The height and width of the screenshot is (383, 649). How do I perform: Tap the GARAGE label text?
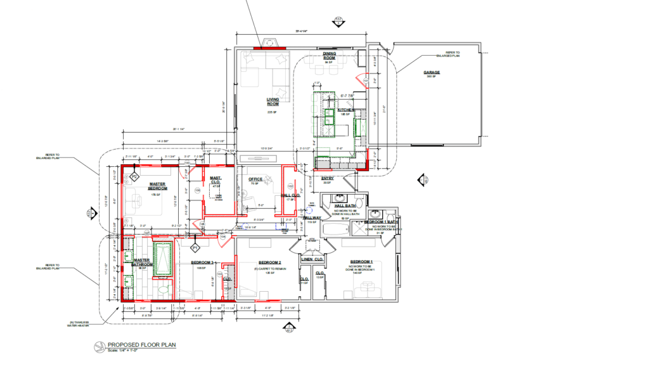[x=432, y=72]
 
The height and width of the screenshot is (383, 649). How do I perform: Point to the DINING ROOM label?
[x=329, y=56]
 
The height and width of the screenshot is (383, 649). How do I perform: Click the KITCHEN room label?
[x=347, y=110]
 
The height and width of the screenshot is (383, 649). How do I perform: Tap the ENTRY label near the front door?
[x=328, y=178]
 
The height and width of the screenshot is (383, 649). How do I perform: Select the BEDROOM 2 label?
[x=269, y=262]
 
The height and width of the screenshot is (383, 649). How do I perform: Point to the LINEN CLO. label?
[x=312, y=259]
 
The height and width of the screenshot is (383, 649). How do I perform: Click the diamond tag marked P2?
[x=134, y=169]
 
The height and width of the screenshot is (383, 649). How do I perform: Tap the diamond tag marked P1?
[x=196, y=246]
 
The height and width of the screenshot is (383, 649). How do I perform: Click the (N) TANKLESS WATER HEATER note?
[x=79, y=323]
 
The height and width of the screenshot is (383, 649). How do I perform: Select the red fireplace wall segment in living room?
[x=269, y=47]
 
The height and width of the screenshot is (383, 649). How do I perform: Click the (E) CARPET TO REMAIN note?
[x=269, y=268]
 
